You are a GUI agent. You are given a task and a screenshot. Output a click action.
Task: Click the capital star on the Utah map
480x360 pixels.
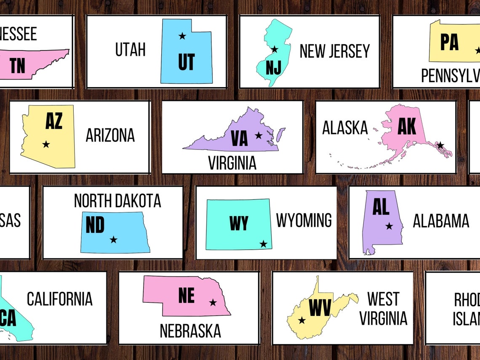(x=182, y=36)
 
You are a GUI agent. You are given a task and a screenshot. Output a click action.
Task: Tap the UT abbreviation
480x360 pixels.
(x=186, y=62)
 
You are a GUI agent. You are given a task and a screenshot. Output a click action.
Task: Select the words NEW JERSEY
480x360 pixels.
(x=334, y=51)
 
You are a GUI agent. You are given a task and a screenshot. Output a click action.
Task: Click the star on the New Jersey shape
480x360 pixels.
(x=275, y=49)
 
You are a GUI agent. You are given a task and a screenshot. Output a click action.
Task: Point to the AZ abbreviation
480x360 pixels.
(x=54, y=120)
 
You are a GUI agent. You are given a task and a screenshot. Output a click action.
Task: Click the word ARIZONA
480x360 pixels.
(x=110, y=136)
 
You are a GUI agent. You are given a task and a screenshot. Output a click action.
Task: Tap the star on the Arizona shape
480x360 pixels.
(x=46, y=144)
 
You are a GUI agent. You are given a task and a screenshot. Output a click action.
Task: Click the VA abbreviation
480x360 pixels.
(x=240, y=139)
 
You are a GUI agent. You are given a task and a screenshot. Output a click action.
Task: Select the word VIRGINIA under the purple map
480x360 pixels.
(x=232, y=163)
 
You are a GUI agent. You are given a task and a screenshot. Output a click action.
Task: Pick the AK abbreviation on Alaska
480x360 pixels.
(x=407, y=126)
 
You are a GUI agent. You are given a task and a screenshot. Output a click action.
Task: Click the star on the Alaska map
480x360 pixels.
(x=440, y=145)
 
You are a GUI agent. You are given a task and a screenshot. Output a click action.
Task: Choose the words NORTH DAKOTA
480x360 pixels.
(x=117, y=201)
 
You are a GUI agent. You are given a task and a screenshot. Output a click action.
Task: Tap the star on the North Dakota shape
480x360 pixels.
(x=113, y=240)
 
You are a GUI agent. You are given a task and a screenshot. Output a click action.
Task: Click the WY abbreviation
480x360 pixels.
(x=239, y=223)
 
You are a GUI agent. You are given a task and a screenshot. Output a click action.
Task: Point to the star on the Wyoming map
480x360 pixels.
(x=263, y=244)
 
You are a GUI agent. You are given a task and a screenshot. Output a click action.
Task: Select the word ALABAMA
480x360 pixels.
(x=441, y=221)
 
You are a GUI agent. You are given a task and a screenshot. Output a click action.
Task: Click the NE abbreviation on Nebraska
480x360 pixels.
(x=187, y=295)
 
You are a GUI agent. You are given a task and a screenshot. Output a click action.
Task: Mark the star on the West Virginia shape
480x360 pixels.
(x=301, y=320)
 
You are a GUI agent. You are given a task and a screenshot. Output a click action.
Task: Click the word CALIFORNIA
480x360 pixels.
(x=60, y=299)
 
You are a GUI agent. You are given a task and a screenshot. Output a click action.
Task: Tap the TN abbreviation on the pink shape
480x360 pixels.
(x=18, y=66)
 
